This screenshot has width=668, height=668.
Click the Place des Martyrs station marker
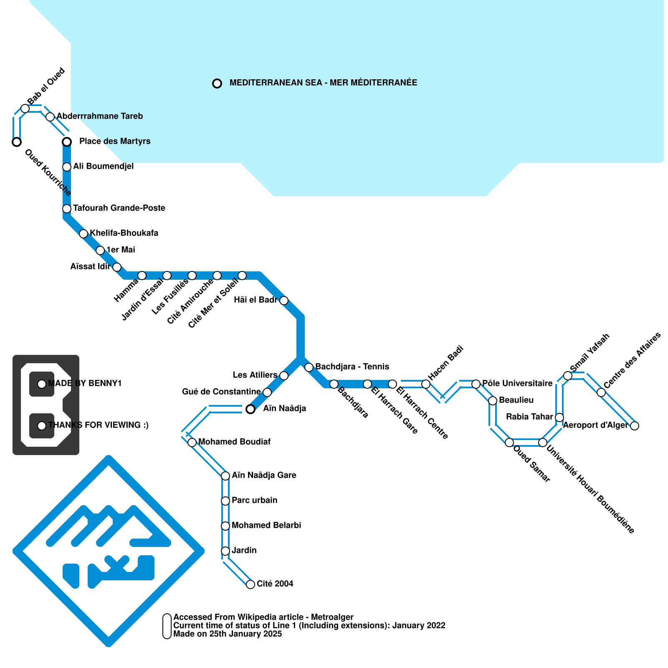coord(67,142)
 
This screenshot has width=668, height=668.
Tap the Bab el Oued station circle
coord(25,109)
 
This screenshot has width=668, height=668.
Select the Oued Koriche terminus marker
coord(17,142)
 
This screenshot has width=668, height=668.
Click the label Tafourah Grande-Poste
coord(119,208)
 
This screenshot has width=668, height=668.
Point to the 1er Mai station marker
coord(100,250)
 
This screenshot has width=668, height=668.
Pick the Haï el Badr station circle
coord(284,301)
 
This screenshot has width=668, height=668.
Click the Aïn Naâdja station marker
coord(250,409)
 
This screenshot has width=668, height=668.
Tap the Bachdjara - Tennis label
coord(352,367)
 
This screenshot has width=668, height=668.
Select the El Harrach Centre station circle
coord(392,384)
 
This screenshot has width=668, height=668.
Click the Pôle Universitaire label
coord(517,383)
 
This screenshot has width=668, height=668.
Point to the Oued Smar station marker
coord(509,443)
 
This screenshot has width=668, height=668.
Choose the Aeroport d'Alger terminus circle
coord(635,426)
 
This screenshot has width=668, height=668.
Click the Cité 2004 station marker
coord(250,584)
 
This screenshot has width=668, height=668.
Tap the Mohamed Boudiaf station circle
coord(192,443)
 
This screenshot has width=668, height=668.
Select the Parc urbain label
coord(254,500)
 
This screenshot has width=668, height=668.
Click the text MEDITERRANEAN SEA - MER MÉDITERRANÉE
coord(323,83)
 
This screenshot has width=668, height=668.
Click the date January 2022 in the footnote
coord(419,625)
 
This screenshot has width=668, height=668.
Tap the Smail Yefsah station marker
coord(568,376)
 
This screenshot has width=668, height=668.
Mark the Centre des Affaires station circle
coord(601,392)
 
